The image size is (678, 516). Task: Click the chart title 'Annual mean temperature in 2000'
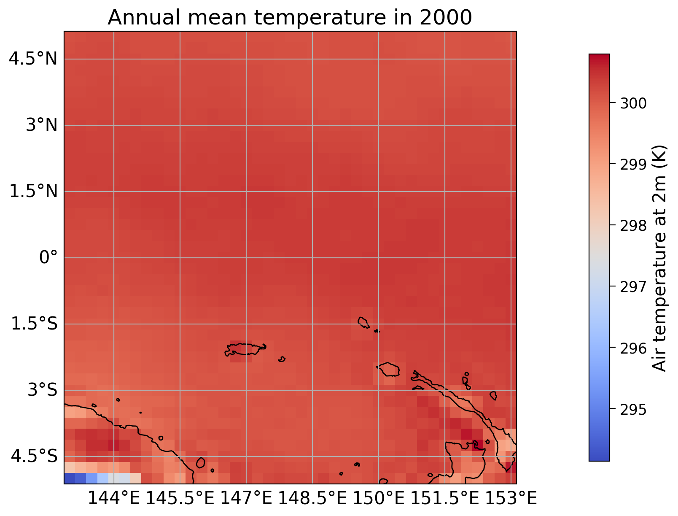[290, 18]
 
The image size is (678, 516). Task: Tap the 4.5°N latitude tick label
[33, 59]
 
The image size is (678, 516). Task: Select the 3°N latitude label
[41, 125]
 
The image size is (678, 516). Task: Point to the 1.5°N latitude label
[33, 191]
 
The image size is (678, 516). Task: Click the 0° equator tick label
[48, 257]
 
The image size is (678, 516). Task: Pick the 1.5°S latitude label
[34, 324]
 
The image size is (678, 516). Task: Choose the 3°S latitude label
[42, 390]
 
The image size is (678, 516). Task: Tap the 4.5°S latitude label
[34, 457]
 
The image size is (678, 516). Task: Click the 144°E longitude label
[113, 499]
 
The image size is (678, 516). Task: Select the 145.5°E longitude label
[180, 499]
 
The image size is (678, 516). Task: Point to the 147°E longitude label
[246, 499]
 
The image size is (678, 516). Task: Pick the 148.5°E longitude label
[312, 499]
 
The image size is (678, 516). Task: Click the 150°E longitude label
[379, 499]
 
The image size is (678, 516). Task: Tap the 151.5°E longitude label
[445, 499]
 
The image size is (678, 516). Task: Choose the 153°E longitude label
[511, 499]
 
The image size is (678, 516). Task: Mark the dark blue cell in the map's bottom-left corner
[70, 478]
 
